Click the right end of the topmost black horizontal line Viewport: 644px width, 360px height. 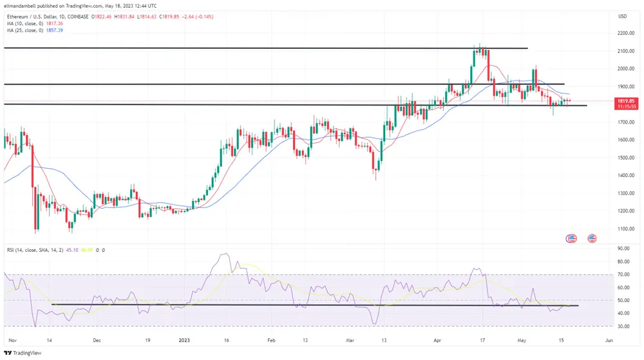[x=527, y=48]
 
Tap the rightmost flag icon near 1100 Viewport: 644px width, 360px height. [x=592, y=238]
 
